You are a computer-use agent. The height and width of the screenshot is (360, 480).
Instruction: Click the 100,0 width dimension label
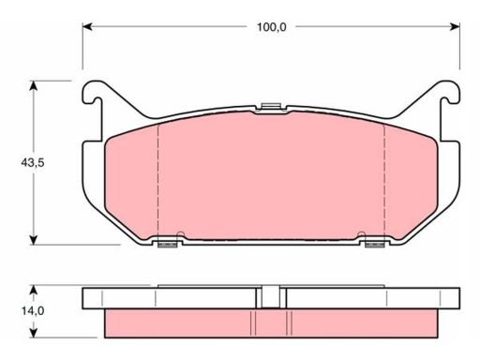click(271, 27)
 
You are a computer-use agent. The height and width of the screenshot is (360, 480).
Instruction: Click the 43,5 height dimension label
click(33, 162)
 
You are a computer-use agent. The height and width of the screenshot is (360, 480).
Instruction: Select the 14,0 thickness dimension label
click(33, 311)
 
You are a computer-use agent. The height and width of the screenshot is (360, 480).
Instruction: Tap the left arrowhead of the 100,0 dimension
click(87, 27)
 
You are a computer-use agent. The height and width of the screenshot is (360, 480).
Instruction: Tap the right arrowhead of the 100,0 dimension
click(455, 27)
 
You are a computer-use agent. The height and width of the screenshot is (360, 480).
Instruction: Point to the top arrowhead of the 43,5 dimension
click(33, 85)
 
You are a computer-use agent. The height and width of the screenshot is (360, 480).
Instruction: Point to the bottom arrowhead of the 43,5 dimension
click(33, 240)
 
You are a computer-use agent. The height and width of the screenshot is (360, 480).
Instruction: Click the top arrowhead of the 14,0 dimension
click(33, 290)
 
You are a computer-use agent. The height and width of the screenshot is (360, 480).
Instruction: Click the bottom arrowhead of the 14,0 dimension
click(33, 333)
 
